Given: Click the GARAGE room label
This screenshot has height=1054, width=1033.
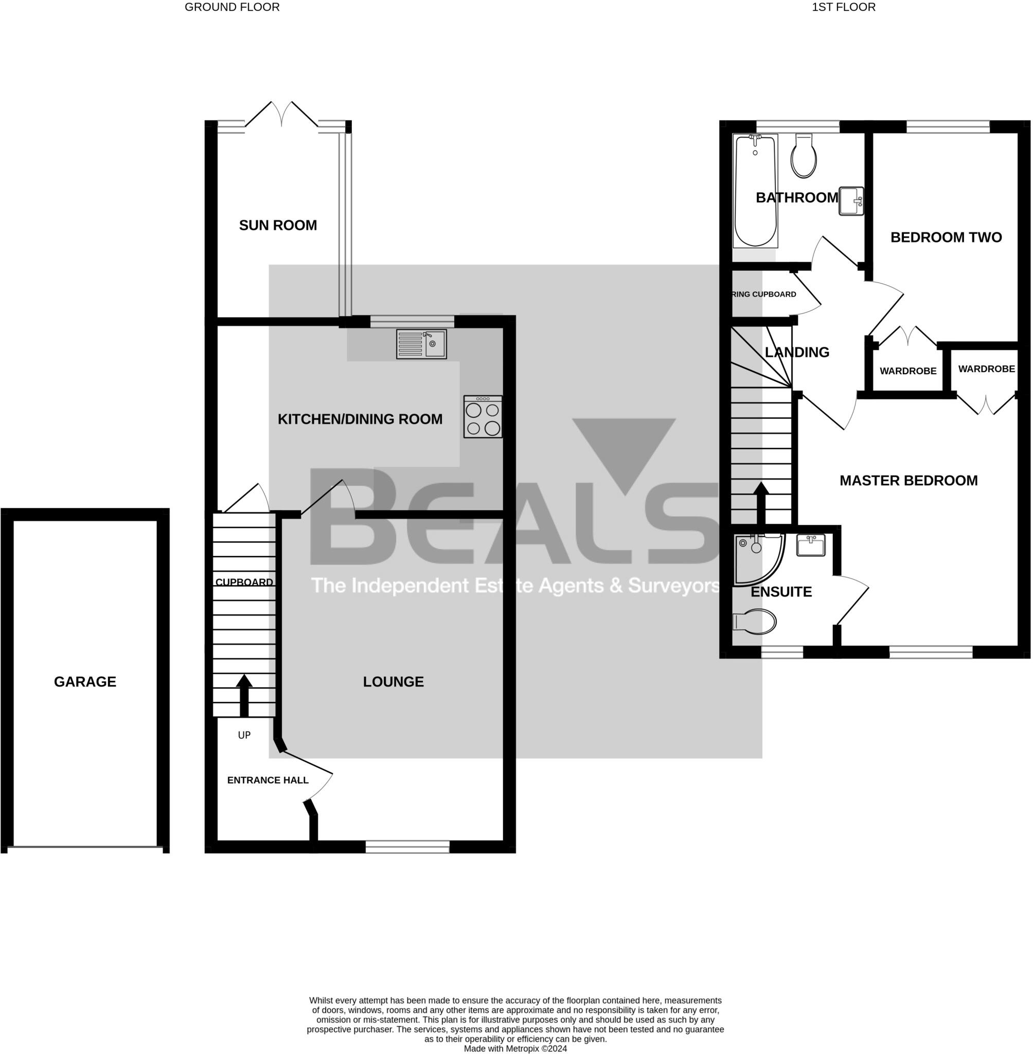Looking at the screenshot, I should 85,682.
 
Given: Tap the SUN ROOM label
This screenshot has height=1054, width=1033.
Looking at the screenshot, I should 278,225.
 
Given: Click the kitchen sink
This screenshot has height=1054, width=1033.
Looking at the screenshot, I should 421,344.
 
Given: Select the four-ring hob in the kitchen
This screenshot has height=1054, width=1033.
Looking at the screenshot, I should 483,416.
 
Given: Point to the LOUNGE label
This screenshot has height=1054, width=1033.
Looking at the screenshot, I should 394,682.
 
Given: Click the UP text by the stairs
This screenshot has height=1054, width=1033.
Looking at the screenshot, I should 244,735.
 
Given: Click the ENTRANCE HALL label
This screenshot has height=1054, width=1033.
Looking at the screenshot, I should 268,780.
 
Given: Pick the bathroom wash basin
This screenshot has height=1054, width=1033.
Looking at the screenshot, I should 851,201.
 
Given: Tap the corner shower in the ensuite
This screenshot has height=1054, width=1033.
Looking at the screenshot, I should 756,558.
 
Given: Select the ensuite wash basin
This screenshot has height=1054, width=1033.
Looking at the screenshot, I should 811,545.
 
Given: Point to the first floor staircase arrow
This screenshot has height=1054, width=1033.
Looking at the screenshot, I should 761,502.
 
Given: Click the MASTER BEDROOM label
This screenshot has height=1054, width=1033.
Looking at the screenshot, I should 908,480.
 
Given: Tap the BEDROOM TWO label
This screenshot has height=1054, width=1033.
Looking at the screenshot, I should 946,237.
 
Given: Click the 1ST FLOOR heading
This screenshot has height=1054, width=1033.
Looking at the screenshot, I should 843,7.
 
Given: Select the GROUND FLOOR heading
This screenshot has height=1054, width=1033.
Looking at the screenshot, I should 232,7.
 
